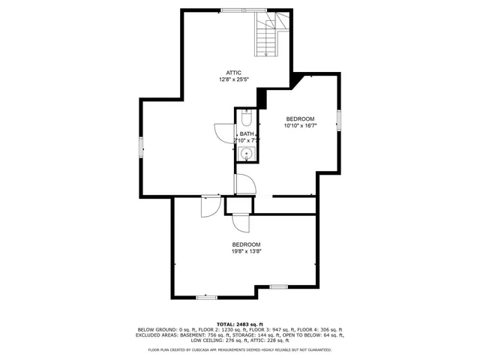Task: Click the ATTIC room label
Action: [234, 72]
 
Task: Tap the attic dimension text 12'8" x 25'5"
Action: [234, 79]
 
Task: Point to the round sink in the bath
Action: [247, 154]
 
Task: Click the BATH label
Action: [247, 133]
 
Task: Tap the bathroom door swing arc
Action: [223, 132]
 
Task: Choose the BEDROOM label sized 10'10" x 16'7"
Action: [299, 119]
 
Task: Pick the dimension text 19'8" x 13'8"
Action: [246, 252]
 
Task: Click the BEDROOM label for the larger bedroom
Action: [246, 244]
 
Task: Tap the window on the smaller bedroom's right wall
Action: [338, 120]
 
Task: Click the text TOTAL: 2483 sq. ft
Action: [239, 324]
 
